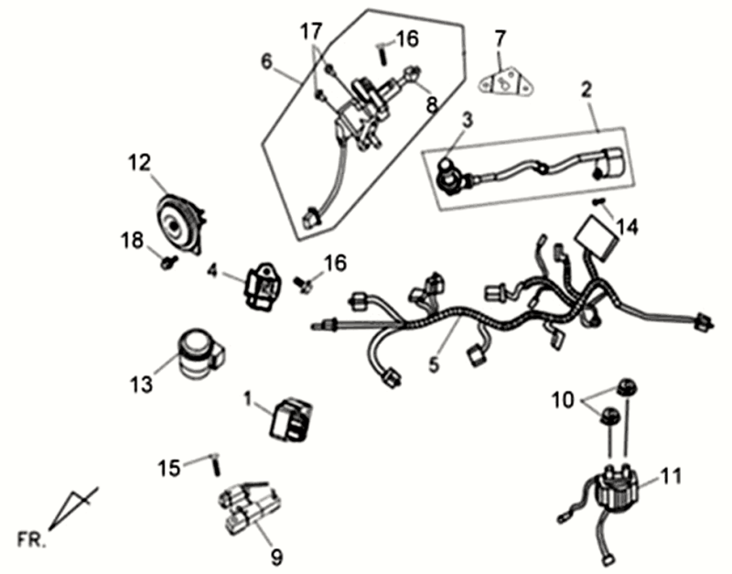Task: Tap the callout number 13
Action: click(142, 385)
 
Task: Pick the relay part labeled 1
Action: click(291, 419)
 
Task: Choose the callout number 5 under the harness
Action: click(435, 364)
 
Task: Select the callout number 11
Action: click(671, 477)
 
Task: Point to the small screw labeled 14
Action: click(599, 201)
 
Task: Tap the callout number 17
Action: click(311, 32)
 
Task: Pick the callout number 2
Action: click(587, 89)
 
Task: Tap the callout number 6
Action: click(266, 61)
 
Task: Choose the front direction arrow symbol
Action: click(73, 509)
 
